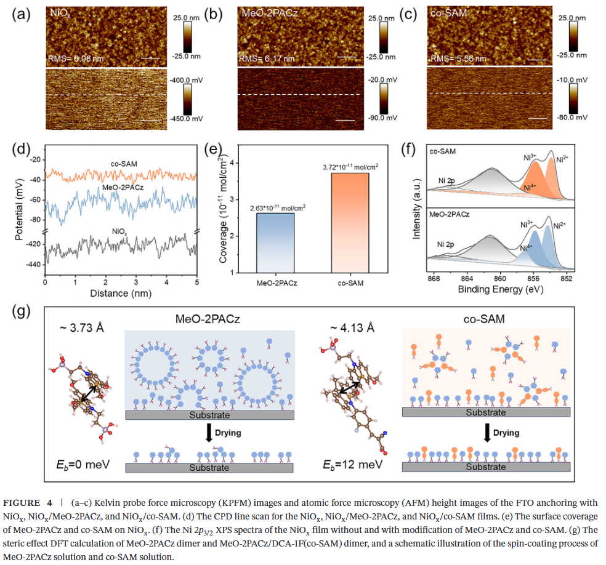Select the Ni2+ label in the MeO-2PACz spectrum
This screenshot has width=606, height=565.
[x=559, y=226]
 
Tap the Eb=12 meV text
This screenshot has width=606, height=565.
[x=349, y=463]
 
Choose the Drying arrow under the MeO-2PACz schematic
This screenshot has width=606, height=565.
[x=209, y=433]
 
